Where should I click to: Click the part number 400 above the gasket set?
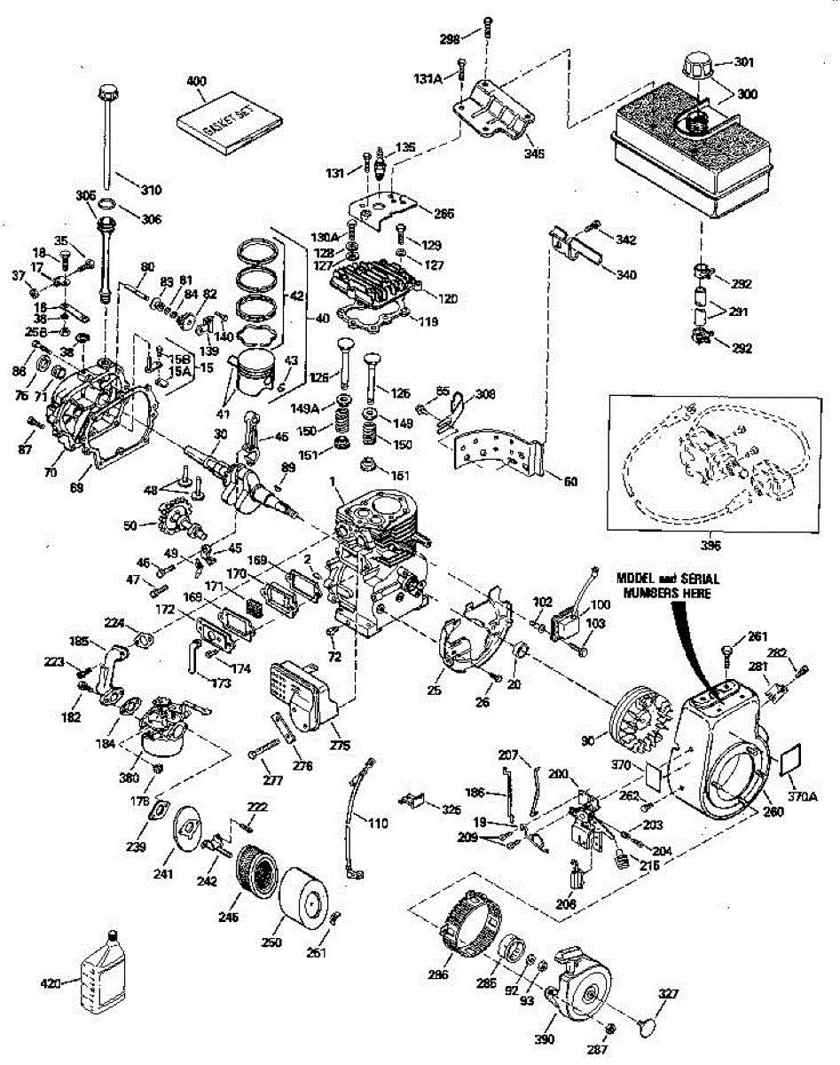coord(196,81)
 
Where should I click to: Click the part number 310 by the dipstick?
coord(153,189)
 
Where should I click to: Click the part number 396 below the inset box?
coord(710,544)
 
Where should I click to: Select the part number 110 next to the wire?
coord(378,824)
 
